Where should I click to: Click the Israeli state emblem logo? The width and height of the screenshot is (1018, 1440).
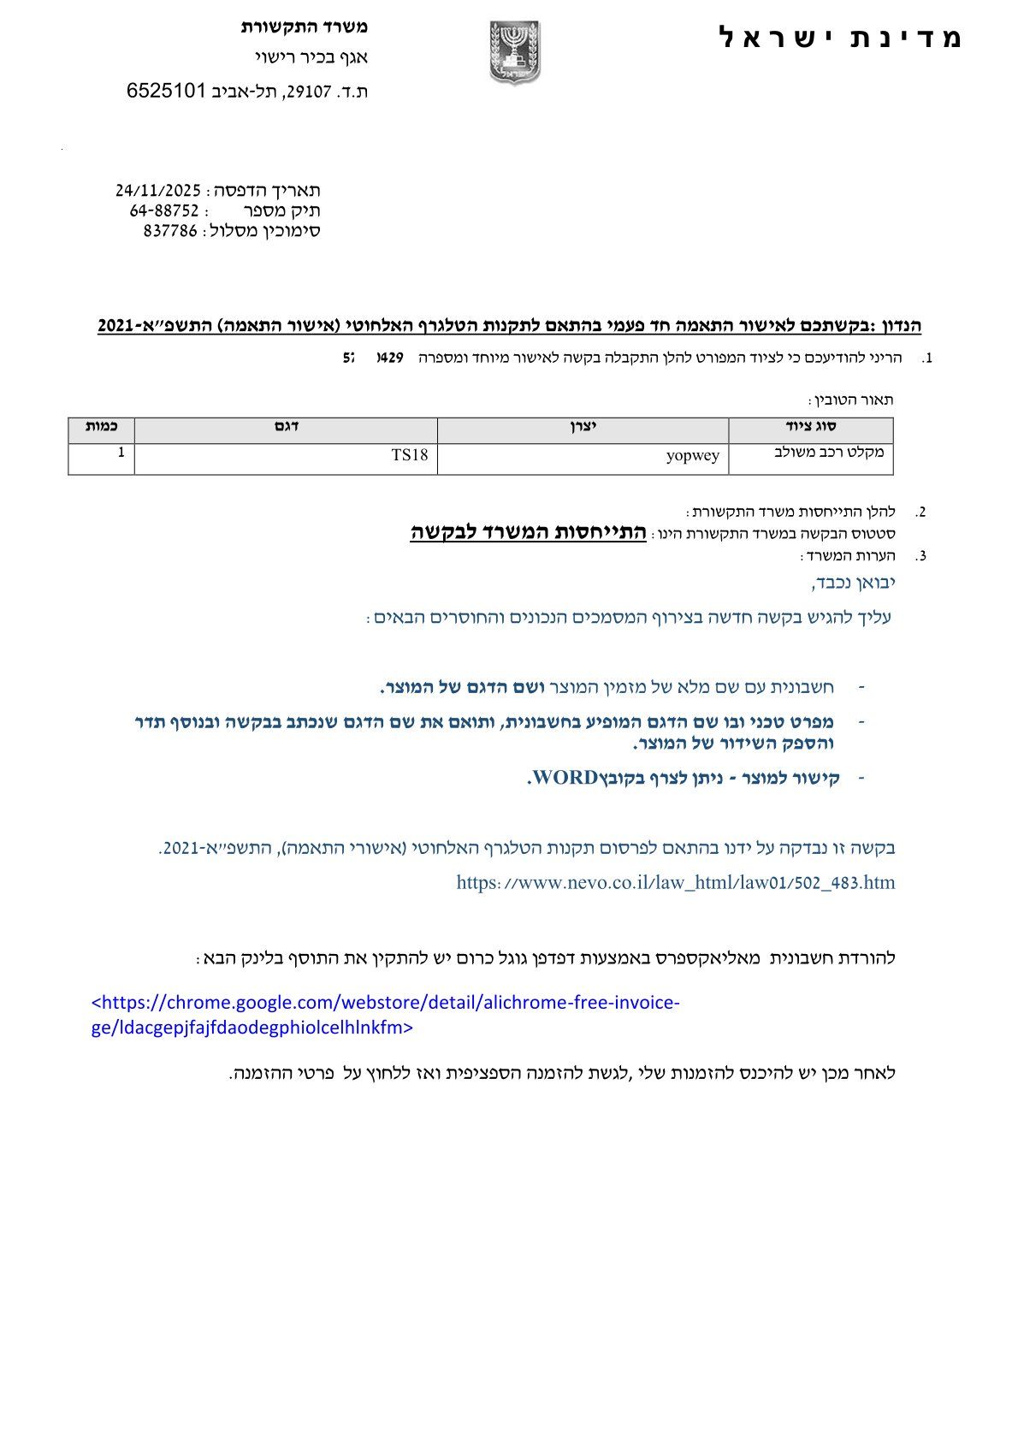click(515, 52)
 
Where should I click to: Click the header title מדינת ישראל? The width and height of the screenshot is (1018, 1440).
click(841, 38)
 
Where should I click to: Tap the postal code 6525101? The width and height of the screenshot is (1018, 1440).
click(167, 91)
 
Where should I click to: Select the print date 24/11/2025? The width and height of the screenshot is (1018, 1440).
click(158, 190)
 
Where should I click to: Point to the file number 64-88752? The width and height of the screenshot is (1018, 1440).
click(164, 210)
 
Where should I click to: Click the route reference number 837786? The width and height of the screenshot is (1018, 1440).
click(170, 230)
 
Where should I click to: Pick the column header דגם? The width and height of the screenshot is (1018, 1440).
click(286, 426)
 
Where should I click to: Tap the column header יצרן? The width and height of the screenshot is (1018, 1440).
click(583, 426)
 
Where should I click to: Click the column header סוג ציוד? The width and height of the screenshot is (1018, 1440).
click(810, 426)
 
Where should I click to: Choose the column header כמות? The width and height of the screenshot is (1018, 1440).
click(101, 426)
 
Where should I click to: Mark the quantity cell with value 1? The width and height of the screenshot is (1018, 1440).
click(121, 453)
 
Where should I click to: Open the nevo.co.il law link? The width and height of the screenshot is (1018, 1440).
click(675, 882)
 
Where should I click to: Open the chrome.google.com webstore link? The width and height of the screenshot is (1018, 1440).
click(385, 1015)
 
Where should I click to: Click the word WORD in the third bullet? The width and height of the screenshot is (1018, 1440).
click(565, 778)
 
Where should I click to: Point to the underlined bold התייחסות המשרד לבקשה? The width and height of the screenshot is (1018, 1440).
click(528, 532)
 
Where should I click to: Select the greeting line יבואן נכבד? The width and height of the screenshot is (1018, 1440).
click(853, 583)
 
